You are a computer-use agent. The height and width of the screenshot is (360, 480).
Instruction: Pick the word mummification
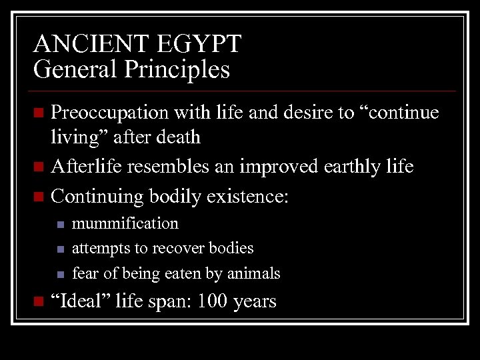click(x=125, y=223)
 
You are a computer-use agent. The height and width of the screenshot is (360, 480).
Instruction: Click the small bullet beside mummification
click(x=59, y=225)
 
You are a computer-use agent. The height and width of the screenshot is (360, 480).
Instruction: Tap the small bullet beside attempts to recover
click(x=59, y=249)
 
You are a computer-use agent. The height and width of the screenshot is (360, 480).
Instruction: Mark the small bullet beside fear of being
click(x=59, y=275)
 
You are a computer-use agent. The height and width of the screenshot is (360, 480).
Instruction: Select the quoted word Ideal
click(x=87, y=301)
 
